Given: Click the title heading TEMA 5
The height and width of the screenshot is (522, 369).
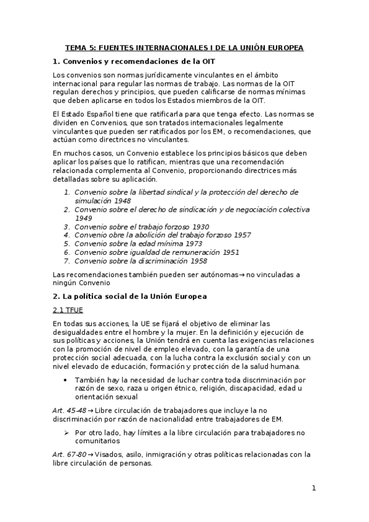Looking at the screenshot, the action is click(185, 47).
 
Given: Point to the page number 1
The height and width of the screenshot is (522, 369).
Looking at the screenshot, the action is click(314, 489).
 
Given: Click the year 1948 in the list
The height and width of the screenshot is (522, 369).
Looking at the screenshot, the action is click(122, 201).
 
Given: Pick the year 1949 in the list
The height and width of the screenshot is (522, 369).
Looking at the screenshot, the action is click(83, 218).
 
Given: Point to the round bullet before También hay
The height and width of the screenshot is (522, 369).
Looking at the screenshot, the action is click(66, 380).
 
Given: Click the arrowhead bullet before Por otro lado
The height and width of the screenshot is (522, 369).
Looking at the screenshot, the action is click(66, 433).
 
